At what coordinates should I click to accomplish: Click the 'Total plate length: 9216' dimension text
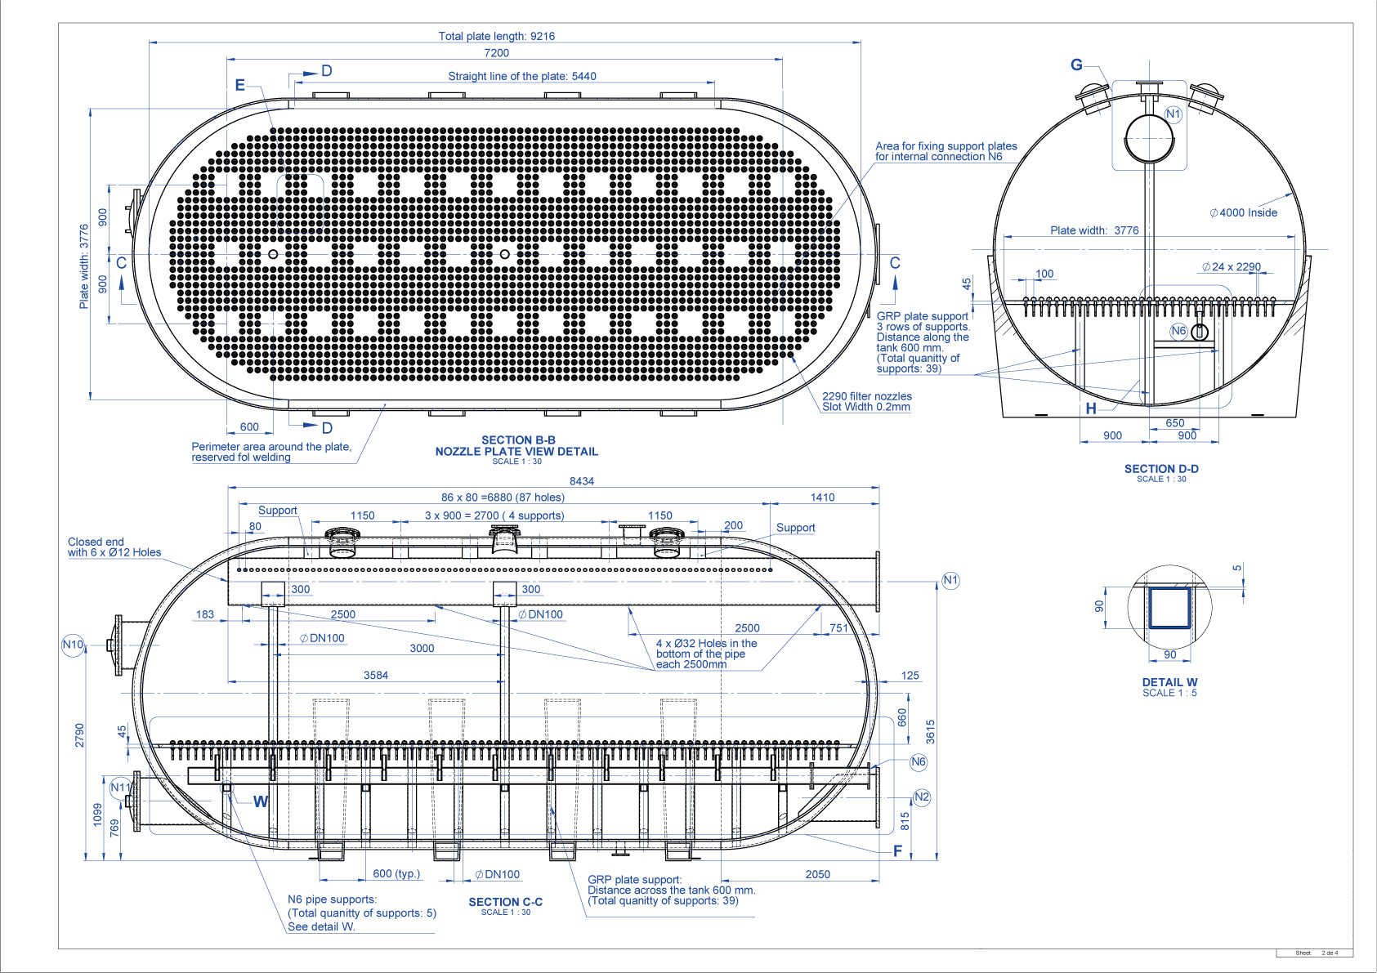(496, 36)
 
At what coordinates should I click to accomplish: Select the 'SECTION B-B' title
(518, 440)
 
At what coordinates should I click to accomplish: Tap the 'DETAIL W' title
(1169, 682)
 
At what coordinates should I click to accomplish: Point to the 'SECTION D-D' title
(1161, 469)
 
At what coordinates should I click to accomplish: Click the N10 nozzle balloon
(74, 645)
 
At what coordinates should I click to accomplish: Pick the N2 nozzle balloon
(922, 797)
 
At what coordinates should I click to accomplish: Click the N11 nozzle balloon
(120, 788)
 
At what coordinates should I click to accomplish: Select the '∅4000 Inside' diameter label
(1243, 212)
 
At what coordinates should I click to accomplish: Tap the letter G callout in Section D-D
(1076, 65)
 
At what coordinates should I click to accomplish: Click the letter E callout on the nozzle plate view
(239, 85)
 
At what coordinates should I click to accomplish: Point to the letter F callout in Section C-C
(897, 850)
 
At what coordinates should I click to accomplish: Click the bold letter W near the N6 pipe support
(261, 801)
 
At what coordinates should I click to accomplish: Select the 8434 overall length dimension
(582, 481)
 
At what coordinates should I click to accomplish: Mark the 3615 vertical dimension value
(931, 731)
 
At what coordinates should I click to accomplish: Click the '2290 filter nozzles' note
(867, 396)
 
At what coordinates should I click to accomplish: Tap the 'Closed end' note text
(96, 542)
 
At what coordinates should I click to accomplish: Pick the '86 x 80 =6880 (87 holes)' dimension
(503, 498)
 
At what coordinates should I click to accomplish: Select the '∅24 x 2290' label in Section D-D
(1232, 267)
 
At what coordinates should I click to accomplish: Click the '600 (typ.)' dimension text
(396, 873)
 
